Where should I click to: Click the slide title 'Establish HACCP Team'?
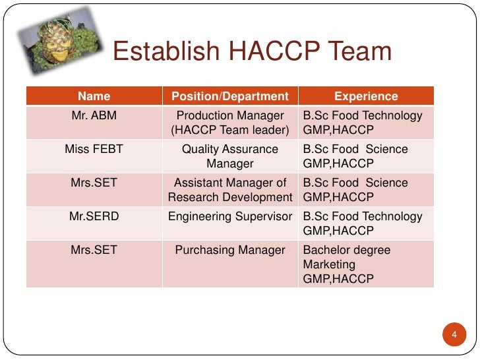tap(253, 51)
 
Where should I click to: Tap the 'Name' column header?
tap(94, 96)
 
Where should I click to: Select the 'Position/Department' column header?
tap(230, 96)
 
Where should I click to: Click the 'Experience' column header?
tap(366, 96)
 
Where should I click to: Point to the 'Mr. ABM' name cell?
tap(94, 116)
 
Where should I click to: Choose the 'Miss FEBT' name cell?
tap(94, 150)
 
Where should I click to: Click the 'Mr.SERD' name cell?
tap(94, 216)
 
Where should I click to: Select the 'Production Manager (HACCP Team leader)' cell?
tap(230, 123)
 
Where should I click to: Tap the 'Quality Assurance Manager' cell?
tap(230, 156)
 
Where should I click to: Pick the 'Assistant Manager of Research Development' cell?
tap(230, 190)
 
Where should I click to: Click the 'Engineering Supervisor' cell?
tap(230, 216)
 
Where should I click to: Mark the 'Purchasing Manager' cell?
tap(230, 250)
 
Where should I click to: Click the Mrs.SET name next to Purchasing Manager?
tap(94, 250)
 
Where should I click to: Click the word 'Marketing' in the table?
tap(329, 264)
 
